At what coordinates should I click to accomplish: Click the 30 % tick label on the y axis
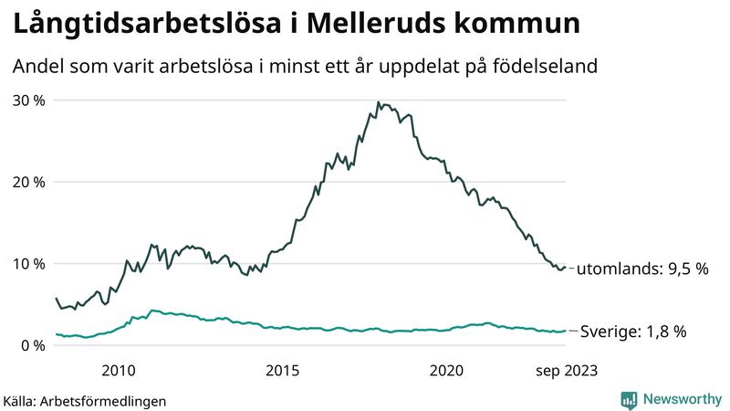tap(28, 100)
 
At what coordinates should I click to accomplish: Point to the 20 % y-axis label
tap(28, 182)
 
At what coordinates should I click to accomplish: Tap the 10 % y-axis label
tap(28, 264)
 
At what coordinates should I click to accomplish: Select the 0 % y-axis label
tap(32, 345)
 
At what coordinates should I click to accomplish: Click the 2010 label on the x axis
tap(119, 370)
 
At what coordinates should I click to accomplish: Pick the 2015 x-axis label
tap(283, 370)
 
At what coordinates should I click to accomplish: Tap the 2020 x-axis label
tap(447, 370)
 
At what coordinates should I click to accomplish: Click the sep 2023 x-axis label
tap(566, 370)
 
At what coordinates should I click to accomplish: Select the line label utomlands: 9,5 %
tap(642, 269)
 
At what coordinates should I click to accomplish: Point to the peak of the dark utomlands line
tap(378, 102)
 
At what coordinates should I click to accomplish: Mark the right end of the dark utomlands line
tap(566, 268)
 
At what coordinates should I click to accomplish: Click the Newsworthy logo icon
tap(629, 399)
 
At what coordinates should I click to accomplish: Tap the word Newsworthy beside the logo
tap(680, 399)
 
